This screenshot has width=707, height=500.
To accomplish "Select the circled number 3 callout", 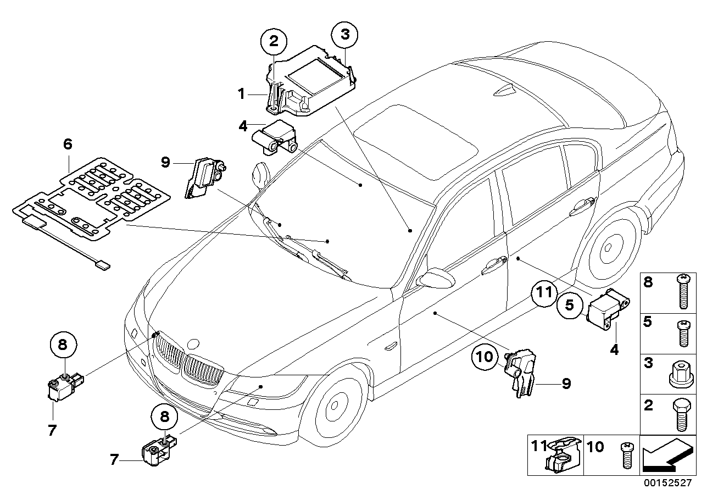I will tap(344, 35).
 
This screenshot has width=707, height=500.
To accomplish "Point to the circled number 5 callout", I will tap(569, 305).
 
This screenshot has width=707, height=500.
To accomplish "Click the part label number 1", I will tap(240, 94).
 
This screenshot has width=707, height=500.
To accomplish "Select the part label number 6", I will tap(68, 145).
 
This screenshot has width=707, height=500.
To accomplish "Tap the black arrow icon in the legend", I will tap(666, 455).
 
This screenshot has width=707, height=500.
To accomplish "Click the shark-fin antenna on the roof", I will tap(502, 91).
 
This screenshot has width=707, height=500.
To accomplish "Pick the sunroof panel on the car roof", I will tap(418, 145).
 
